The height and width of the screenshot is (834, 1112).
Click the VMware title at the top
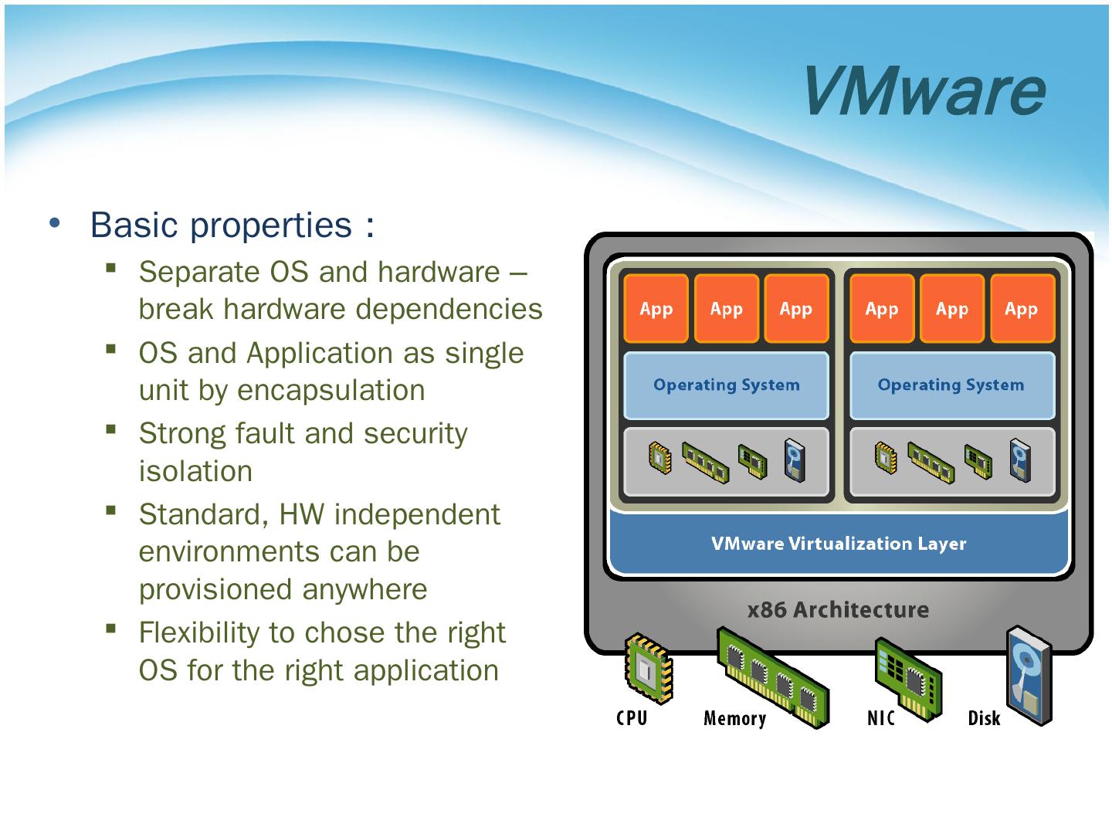coord(925,91)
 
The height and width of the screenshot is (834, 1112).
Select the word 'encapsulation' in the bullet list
coord(331,391)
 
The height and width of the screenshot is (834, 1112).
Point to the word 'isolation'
coord(195,471)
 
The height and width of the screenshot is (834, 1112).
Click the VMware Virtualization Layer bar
coord(839,544)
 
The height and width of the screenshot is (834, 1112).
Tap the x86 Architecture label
coord(838,609)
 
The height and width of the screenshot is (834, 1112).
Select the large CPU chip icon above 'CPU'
coord(649,668)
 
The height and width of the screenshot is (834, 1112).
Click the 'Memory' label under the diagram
coord(734,718)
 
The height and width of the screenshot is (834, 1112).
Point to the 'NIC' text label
coord(880,718)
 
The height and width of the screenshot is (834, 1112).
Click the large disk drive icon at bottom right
coord(1029,676)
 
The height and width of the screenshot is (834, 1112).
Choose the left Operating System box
coord(726,385)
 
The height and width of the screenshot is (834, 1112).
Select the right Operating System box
coord(951,385)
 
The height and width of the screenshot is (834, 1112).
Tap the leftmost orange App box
coord(656,308)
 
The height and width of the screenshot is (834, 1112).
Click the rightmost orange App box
coord(1022,308)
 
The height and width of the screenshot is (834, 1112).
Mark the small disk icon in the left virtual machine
coord(795,460)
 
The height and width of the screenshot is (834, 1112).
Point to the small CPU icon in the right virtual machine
coord(886,458)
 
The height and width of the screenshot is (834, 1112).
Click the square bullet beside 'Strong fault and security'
coord(111,430)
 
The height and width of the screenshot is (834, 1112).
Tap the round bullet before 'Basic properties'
coord(55,223)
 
